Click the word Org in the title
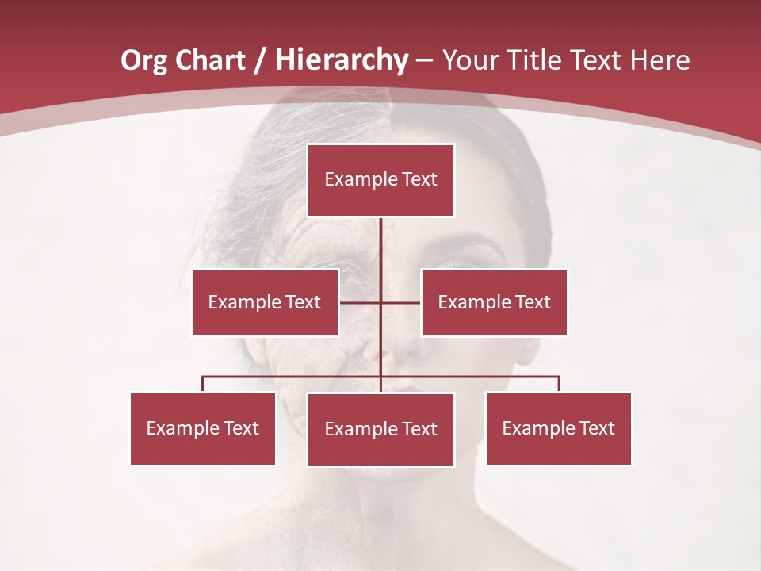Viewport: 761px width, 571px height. (143, 60)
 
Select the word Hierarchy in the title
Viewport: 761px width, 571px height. (342, 60)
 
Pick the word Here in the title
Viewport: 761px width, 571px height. (660, 60)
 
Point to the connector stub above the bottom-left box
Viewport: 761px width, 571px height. (202, 384)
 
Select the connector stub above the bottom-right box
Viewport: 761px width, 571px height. (559, 384)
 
